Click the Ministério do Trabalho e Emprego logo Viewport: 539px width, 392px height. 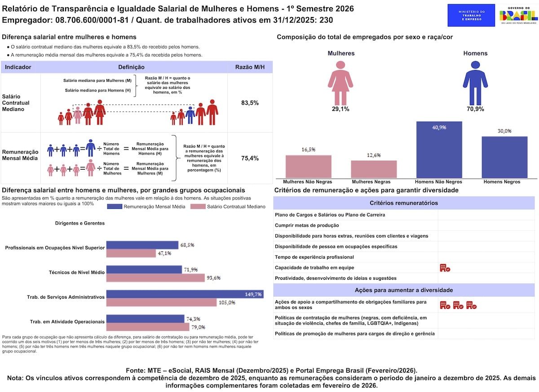[x=471, y=15]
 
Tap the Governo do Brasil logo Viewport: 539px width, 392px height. [x=518, y=15]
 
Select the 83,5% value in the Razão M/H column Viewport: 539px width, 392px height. [x=250, y=103]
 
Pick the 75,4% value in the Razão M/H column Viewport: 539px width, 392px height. [x=250, y=158]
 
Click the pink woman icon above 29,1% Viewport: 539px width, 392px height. [x=340, y=83]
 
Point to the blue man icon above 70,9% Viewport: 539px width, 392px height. [x=475, y=83]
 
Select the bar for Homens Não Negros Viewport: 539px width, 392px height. [x=439, y=150]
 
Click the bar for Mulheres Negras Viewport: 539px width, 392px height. [x=374, y=169]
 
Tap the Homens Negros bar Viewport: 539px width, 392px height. [x=504, y=157]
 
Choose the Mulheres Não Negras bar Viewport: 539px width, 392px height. [x=309, y=167]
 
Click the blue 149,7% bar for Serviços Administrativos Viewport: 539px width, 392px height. [x=185, y=294]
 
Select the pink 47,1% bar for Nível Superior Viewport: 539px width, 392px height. [x=131, y=253]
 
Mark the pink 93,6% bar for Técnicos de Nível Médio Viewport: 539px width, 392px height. [x=155, y=278]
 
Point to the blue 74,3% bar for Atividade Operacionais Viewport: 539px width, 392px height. [x=146, y=319]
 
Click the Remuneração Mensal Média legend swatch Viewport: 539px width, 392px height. [x=115, y=207]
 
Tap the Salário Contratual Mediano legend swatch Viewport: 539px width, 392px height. [x=198, y=207]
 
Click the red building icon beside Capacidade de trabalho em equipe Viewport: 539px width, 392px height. [x=445, y=268]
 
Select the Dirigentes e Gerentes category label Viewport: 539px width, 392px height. [x=80, y=223]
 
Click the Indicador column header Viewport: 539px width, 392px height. [x=18, y=67]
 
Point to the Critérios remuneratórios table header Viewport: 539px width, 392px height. [x=404, y=203]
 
